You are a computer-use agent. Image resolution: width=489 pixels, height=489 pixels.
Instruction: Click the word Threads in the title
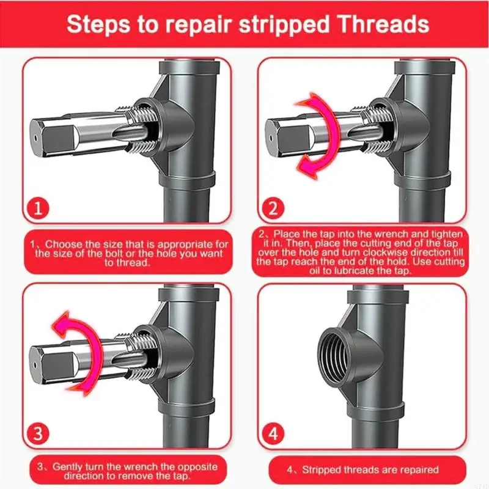pos(384,24)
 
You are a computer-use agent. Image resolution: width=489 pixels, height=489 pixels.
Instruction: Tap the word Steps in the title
pos(98,25)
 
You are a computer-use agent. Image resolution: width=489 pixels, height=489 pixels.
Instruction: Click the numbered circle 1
pos(38,208)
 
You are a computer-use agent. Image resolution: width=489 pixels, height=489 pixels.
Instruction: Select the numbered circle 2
pos(273,208)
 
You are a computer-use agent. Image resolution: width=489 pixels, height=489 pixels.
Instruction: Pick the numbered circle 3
pos(38,433)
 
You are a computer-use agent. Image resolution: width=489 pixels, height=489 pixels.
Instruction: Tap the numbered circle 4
pos(273,433)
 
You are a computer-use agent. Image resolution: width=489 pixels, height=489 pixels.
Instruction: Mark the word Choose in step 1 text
pos(62,244)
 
